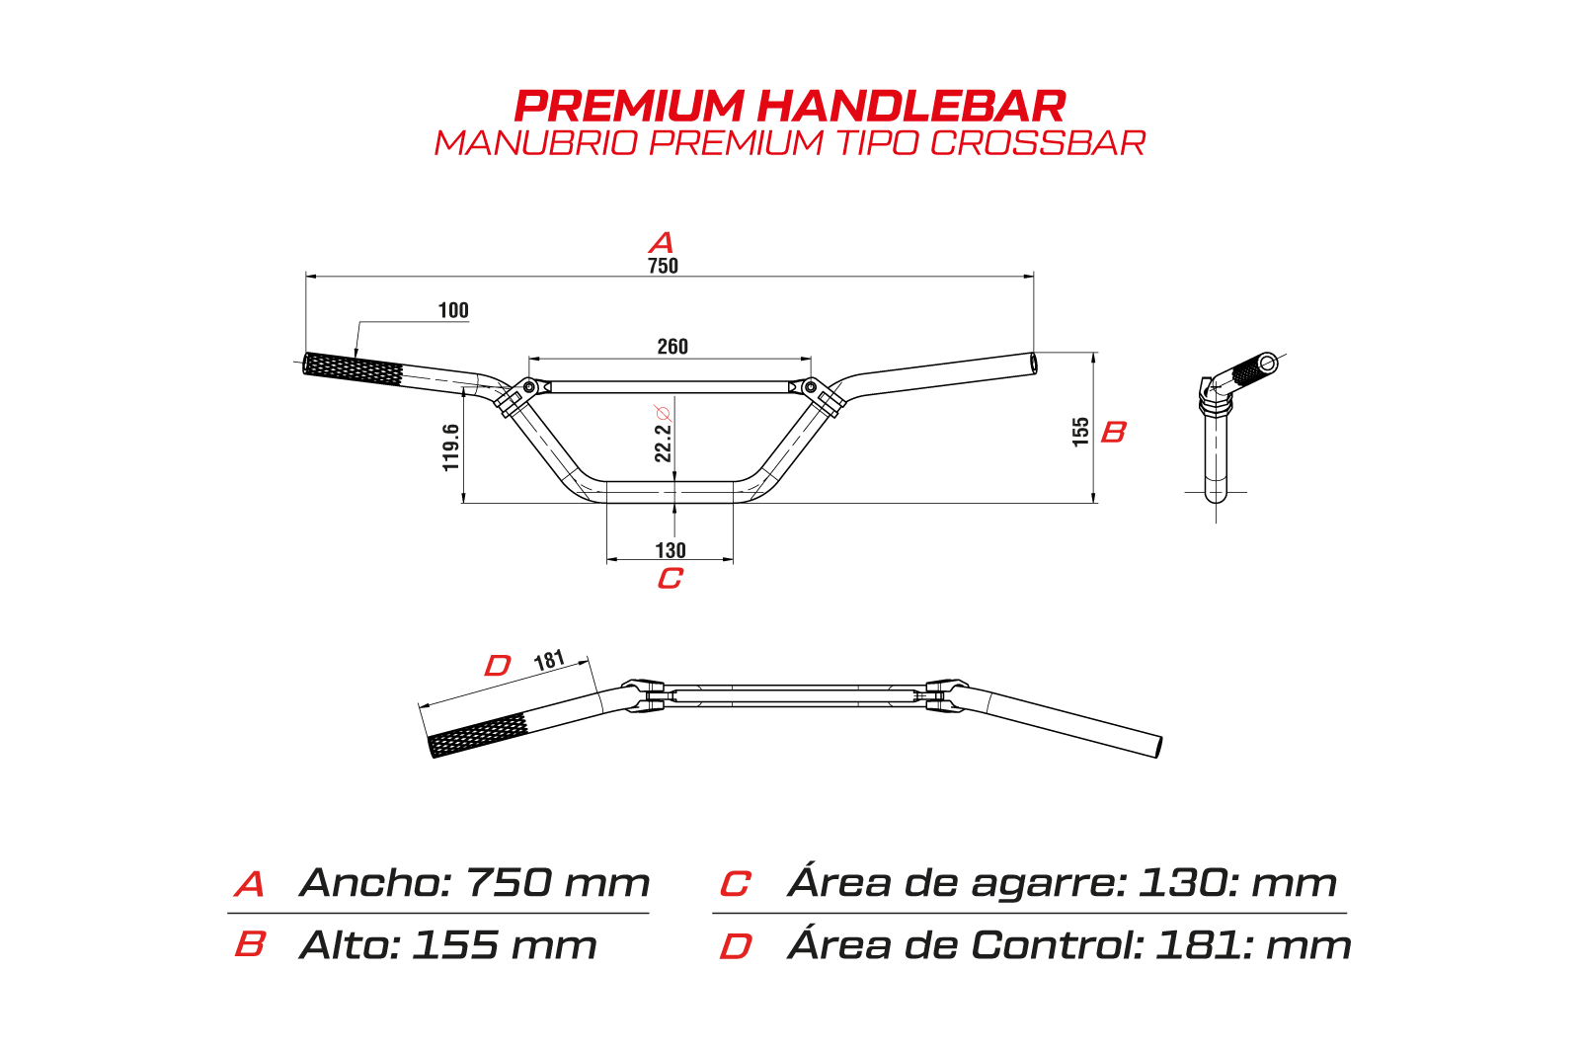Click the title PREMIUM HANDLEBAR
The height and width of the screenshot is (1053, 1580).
790,106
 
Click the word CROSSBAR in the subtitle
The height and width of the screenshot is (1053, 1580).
1037,143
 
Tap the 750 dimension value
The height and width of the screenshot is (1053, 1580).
663,266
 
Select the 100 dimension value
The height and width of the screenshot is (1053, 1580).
453,310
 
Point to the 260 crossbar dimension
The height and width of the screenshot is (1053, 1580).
672,347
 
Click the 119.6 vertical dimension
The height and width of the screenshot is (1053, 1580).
451,447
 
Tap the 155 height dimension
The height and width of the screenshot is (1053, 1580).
1081,432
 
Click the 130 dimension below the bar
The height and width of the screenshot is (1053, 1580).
671,550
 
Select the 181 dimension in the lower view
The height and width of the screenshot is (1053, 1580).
549,660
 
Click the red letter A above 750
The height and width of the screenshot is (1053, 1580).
662,242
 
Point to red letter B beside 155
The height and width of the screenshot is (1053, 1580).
1113,432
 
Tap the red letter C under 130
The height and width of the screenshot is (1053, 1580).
670,578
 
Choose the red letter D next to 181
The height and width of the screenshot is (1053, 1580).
498,666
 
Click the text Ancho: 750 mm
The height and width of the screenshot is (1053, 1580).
474,883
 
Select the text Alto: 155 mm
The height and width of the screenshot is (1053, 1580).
448,945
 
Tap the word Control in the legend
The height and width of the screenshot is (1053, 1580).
1057,945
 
